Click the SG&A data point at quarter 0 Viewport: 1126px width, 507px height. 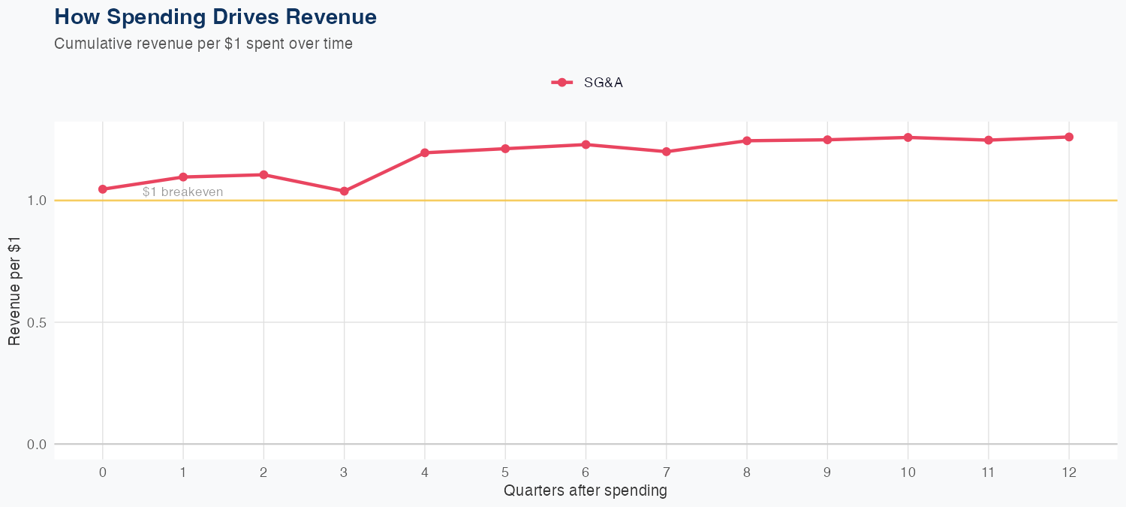pos(103,189)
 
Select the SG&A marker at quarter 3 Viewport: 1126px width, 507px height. pos(345,192)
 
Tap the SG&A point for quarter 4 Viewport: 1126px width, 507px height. pos(425,152)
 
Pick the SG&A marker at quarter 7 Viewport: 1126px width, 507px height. pos(667,152)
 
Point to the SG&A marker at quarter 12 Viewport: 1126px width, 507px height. pos(1069,137)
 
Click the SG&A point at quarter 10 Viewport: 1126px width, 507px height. pos(908,137)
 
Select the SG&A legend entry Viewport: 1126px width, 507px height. pos(589,83)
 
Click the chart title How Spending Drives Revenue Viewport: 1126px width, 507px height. pos(215,17)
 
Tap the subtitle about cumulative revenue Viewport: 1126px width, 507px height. pos(203,44)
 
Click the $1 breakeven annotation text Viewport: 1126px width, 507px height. pos(183,192)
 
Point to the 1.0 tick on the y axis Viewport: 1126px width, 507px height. pos(37,201)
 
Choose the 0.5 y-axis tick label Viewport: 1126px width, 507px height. pos(37,323)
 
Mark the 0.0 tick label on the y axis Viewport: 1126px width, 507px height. pos(37,445)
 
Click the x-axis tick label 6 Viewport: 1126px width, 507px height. pos(586,472)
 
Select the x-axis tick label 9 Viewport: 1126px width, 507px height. pos(827,472)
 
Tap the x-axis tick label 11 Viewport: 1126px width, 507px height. pos(989,472)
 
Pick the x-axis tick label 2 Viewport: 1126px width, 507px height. pos(263,472)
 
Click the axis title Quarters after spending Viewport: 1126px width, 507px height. pos(586,491)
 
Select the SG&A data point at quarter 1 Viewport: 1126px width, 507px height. pos(183,177)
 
